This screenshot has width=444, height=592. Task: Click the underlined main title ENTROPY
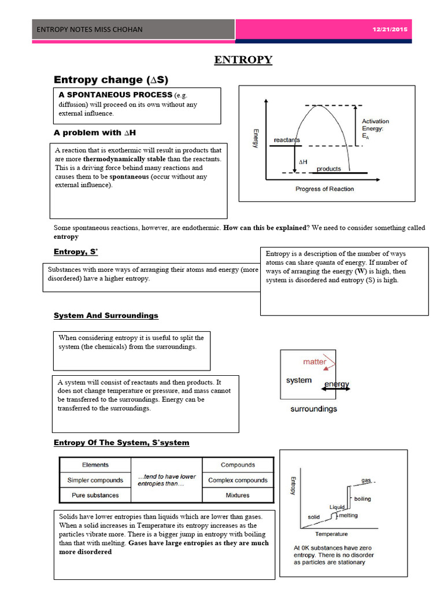[x=243, y=60]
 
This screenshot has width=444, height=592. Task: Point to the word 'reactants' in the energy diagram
[x=287, y=140]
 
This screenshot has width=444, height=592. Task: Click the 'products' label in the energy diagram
[x=328, y=169]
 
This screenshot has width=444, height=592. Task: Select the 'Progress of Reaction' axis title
[x=324, y=189]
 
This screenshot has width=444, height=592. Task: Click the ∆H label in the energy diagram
[x=303, y=162]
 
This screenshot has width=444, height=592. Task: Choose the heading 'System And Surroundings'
[x=106, y=316]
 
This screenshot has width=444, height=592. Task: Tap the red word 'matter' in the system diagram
[x=315, y=362]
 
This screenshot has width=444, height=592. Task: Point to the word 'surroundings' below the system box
[x=313, y=409]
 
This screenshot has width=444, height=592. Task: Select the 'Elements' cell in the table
[x=95, y=465]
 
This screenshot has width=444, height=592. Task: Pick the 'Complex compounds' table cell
[x=238, y=480]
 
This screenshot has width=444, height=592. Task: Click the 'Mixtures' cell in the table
[x=238, y=495]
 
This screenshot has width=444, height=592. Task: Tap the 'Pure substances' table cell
[x=95, y=495]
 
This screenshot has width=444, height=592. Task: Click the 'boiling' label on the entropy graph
[x=362, y=498]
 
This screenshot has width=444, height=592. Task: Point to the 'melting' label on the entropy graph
[x=348, y=515]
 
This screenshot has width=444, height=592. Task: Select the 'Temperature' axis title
[x=331, y=534]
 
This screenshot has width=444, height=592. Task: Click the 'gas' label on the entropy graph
[x=366, y=480]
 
